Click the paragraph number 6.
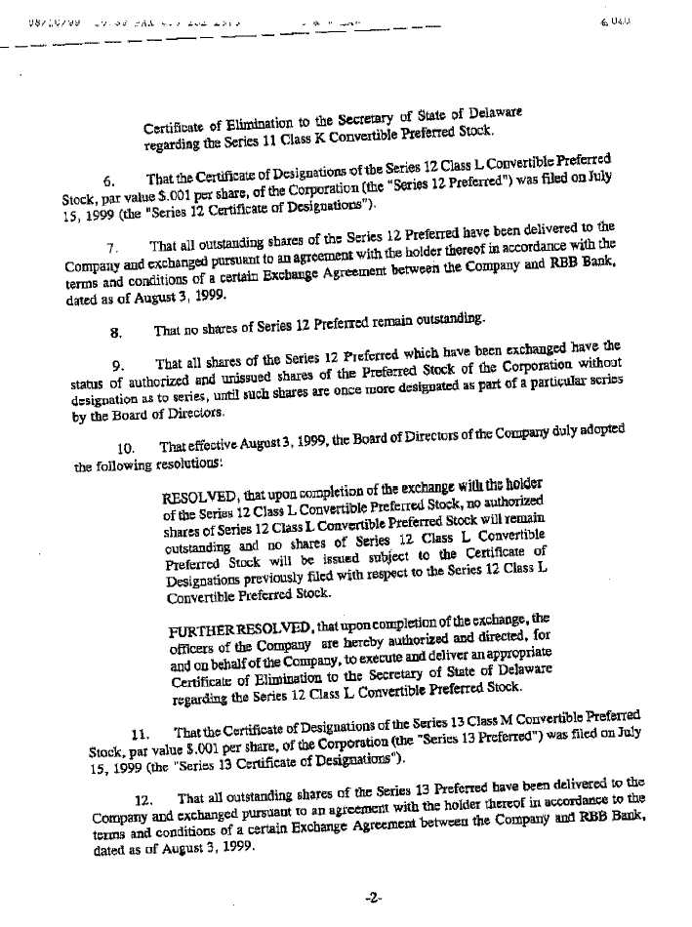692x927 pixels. click(110, 180)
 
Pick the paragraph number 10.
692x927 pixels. click(123, 448)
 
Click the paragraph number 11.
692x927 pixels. click(138, 735)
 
